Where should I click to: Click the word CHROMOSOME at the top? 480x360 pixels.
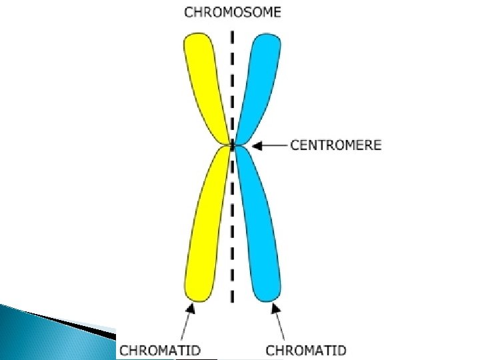[x=232, y=11]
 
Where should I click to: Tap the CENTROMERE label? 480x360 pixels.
[x=336, y=144]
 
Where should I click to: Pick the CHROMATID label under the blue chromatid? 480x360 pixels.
[x=306, y=349]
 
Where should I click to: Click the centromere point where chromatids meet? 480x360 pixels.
[x=232, y=144]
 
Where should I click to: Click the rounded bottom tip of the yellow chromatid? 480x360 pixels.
[x=197, y=293]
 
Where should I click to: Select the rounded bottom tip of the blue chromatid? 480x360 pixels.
[x=268, y=293]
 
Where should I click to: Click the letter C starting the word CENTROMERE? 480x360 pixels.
[x=295, y=144]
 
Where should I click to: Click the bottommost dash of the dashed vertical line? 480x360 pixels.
[x=232, y=296]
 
